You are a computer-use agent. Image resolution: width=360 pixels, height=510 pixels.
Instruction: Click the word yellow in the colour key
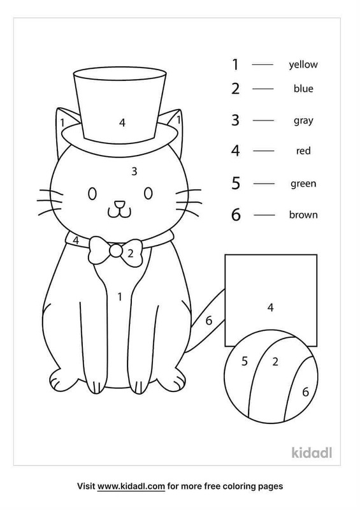coord(303,64)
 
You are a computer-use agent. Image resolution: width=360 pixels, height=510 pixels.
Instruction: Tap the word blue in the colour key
coord(303,89)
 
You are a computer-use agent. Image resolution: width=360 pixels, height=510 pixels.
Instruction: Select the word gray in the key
coord(303,121)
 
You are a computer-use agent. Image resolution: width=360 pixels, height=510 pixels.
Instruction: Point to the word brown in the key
coord(303,215)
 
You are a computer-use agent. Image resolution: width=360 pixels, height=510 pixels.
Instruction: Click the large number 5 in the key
coord(236,183)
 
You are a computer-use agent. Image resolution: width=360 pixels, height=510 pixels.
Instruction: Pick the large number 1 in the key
coord(236,64)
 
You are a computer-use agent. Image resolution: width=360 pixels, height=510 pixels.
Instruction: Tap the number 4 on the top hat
coord(122,122)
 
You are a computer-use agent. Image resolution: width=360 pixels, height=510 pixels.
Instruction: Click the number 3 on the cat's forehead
coord(134,171)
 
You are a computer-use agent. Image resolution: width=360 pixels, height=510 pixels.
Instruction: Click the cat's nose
coord(119,204)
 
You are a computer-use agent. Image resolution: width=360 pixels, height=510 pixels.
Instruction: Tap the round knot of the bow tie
coord(116,250)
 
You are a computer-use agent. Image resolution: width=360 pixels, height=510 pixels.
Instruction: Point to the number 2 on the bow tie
coord(131,253)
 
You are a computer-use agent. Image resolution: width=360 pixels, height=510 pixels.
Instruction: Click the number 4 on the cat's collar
coord(76,240)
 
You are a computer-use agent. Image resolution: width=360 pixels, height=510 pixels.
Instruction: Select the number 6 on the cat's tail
coord(209,321)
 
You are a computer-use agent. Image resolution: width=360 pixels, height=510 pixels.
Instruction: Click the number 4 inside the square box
coord(271,307)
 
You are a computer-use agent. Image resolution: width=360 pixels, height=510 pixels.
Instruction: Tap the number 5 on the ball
coord(245,361)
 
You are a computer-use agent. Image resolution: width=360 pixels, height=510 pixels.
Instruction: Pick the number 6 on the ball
coord(305,392)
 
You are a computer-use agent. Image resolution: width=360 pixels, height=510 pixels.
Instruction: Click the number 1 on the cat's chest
coord(120,296)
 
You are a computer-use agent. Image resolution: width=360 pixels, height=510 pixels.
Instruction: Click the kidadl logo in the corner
coord(312,453)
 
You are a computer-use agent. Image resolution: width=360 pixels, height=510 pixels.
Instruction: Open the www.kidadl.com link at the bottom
coord(131,486)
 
